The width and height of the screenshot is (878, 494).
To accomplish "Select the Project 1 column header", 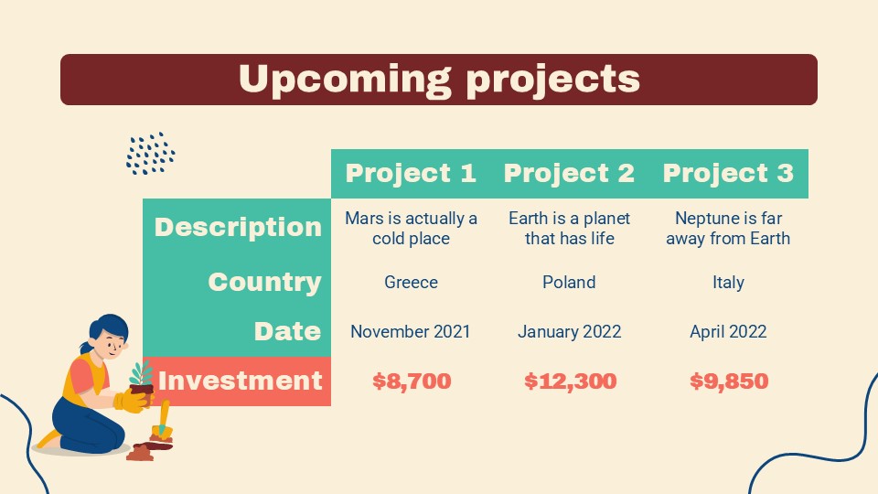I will [411, 173].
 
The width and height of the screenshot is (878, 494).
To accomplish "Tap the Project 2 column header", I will [569, 173].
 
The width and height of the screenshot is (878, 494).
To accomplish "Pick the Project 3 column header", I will [728, 173].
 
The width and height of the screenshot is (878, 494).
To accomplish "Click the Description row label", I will [238, 227].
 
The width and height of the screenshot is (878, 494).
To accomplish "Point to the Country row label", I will [264, 282].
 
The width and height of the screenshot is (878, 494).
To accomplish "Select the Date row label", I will [287, 331].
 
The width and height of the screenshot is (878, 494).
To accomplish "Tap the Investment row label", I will [240, 381].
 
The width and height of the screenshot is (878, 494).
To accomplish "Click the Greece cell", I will [411, 282].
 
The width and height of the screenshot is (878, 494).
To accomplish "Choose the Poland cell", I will [569, 282].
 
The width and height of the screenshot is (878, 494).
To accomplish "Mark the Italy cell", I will [728, 282].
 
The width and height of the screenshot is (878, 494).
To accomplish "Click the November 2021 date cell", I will [411, 331].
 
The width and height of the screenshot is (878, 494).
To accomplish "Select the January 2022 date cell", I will [569, 331].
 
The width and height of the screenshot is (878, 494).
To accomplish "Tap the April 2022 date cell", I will [728, 331].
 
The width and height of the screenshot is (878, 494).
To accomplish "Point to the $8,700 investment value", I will [411, 381].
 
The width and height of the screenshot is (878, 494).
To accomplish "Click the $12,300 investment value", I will [570, 381].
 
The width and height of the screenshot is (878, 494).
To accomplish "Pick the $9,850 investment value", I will [728, 381].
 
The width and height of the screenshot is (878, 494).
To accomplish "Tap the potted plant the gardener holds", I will [141, 380].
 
